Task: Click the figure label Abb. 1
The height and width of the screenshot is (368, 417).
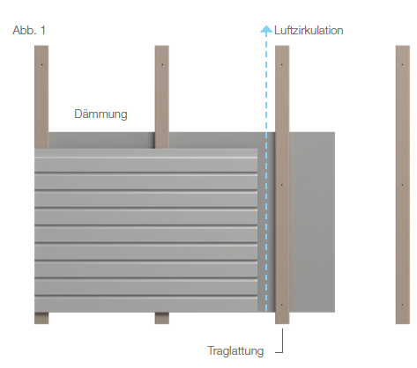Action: pos(29,30)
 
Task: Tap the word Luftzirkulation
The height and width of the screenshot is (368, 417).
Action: pos(309,31)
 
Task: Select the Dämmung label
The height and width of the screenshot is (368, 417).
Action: pos(101,114)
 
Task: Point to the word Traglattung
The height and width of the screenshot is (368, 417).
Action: pos(235,350)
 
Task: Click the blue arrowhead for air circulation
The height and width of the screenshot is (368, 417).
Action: pos(266,29)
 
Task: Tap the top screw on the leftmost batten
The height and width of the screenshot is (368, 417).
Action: pos(42,64)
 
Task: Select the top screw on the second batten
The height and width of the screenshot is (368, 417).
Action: pos(162,64)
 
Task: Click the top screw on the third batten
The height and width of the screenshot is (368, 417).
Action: pos(282,64)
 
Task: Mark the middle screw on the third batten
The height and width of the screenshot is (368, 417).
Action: pos(282,185)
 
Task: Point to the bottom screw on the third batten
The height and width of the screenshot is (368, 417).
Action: pos(282,305)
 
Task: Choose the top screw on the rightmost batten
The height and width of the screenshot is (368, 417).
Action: pos(402,64)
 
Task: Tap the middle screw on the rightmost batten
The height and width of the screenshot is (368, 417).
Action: pos(402,185)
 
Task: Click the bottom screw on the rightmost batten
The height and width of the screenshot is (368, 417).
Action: pos(402,305)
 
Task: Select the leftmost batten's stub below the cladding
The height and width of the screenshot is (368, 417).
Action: pos(41,318)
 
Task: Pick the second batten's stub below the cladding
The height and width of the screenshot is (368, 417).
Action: pos(162,318)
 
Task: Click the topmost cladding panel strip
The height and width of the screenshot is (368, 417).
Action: pos(146,161)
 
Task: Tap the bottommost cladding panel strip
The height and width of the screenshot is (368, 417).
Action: pos(146,304)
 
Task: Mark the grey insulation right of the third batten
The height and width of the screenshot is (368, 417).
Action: pos(312,222)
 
